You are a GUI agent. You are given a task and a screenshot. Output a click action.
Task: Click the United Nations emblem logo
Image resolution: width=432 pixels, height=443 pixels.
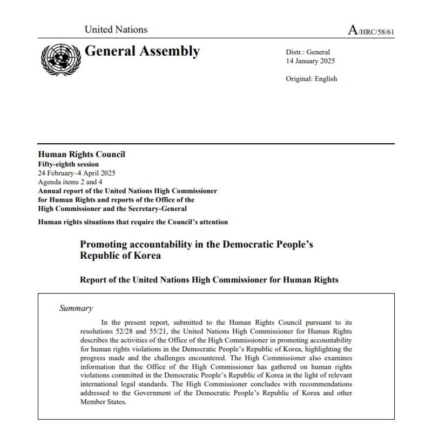click(x=60, y=59)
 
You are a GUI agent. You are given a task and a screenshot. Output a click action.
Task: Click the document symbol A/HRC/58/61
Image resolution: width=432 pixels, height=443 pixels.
click(x=371, y=31)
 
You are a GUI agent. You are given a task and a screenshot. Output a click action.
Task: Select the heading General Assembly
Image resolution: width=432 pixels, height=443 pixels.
click(x=142, y=51)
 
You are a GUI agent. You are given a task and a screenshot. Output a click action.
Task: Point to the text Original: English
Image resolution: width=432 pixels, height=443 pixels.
click(x=311, y=79)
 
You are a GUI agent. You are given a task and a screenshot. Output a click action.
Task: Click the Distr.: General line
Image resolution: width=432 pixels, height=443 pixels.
click(x=307, y=52)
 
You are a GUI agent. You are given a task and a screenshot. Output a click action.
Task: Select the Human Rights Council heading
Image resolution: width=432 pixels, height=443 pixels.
click(x=81, y=155)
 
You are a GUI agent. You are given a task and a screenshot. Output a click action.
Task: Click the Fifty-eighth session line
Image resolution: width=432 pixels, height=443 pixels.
click(x=68, y=164)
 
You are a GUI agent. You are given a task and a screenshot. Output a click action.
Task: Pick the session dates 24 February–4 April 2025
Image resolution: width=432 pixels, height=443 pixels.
click(x=76, y=173)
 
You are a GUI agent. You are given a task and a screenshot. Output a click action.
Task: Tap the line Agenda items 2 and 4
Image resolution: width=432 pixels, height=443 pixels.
click(x=70, y=182)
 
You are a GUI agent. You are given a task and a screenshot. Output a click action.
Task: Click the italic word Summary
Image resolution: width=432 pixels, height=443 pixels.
click(x=76, y=308)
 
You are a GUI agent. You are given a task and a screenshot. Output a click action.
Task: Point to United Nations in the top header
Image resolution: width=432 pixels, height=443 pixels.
click(x=116, y=30)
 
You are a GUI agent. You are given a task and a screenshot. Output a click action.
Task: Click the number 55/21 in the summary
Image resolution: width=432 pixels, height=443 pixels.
click(x=159, y=331)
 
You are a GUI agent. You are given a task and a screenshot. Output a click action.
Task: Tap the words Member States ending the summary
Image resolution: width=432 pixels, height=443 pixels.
click(x=103, y=402)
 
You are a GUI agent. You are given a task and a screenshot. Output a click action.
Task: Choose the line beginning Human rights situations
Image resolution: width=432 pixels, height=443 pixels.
click(x=133, y=222)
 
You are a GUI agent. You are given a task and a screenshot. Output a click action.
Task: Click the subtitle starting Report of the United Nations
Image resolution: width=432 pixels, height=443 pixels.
click(x=209, y=280)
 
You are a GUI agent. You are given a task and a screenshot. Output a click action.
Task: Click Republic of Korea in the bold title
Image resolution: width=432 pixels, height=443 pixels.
click(x=120, y=256)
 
